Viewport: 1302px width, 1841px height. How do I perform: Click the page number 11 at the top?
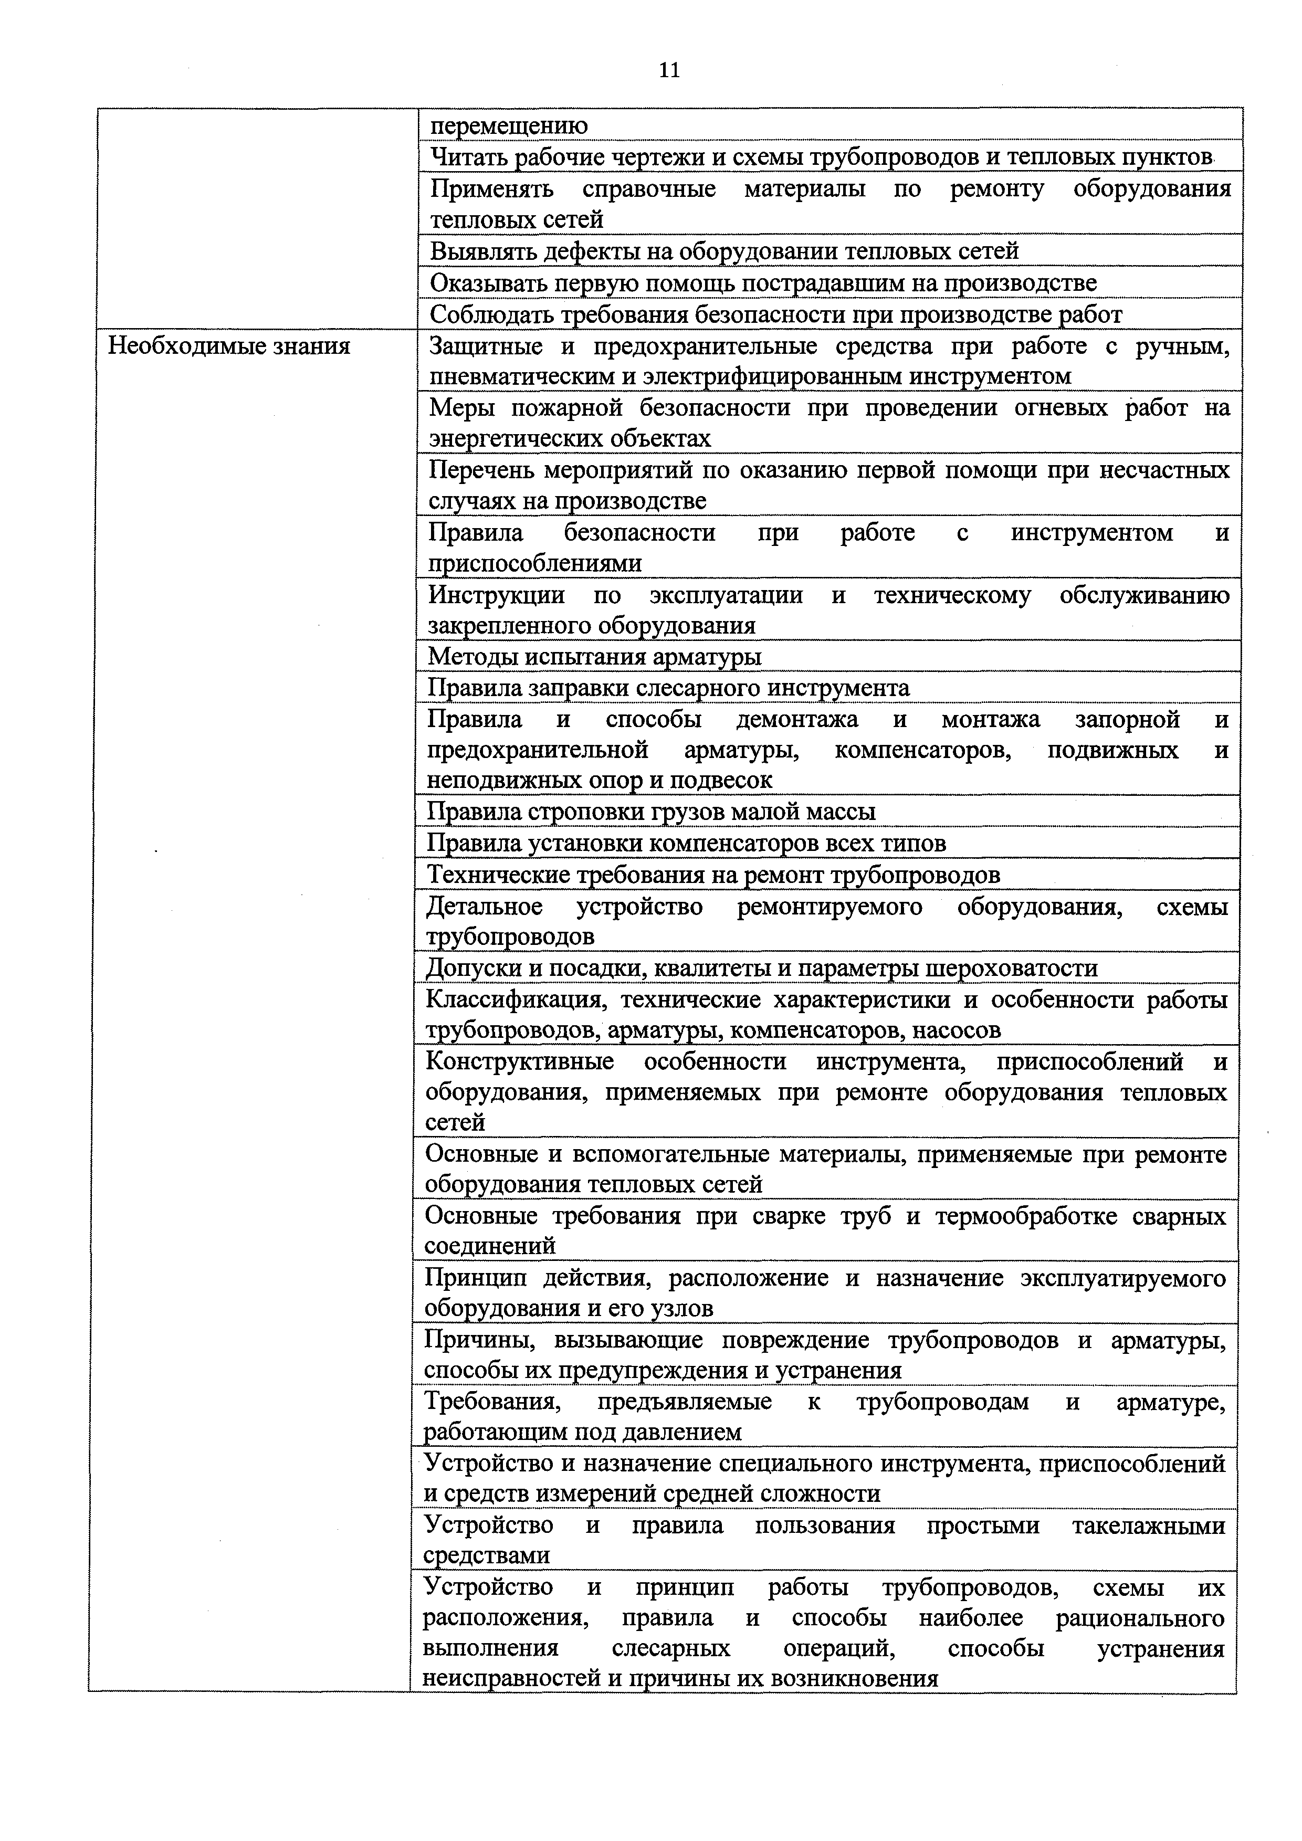point(669,70)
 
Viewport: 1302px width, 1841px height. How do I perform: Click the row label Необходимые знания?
point(229,346)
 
